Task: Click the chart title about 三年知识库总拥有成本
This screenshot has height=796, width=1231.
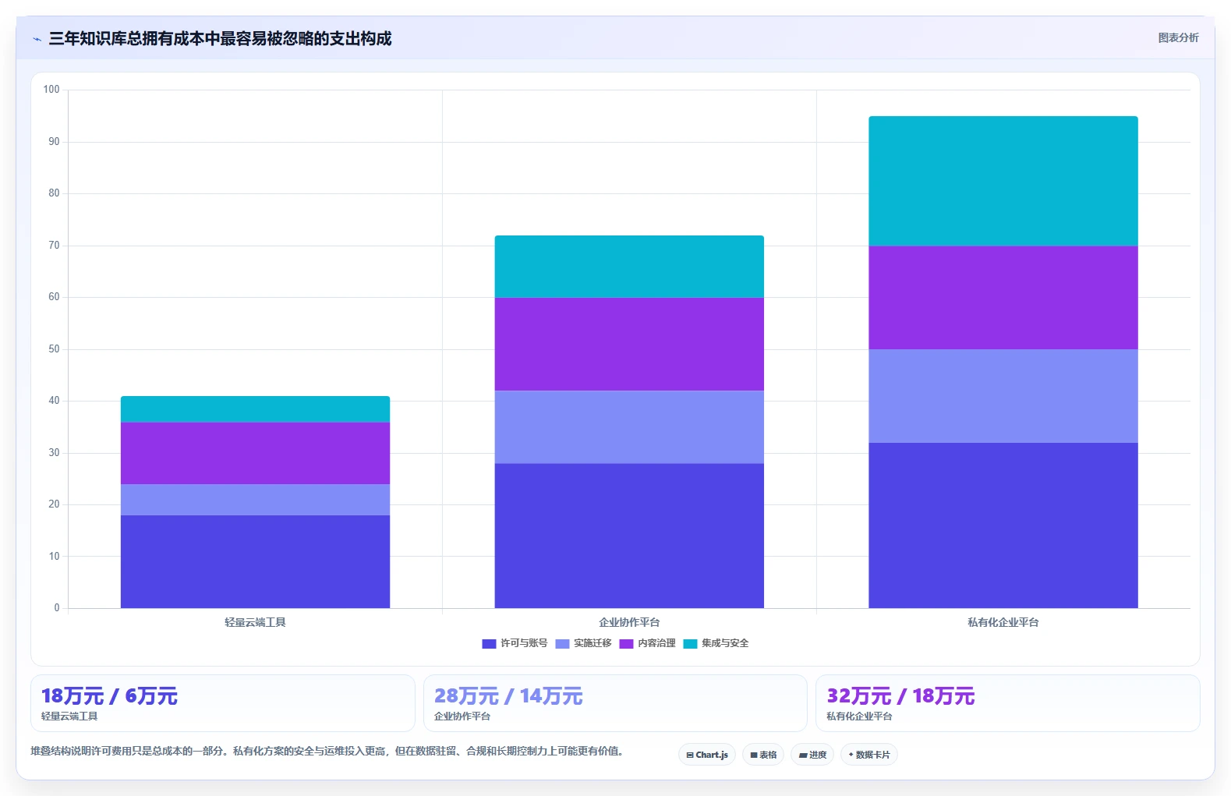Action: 220,38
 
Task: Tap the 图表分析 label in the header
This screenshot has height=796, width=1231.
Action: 1178,38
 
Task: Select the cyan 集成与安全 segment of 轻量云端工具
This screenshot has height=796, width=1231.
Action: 255,409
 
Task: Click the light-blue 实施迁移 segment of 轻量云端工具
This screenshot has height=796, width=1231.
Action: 255,500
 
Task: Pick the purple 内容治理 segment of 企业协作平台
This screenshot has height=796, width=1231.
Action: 628,344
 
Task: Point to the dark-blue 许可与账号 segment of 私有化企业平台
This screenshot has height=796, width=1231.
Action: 1003,525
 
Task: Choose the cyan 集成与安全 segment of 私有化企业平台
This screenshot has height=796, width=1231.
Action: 1003,181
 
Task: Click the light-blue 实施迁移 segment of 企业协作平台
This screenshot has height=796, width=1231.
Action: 628,427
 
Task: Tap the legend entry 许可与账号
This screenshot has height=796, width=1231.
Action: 515,643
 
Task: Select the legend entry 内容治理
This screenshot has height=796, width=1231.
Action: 647,643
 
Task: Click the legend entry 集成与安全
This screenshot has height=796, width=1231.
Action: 716,643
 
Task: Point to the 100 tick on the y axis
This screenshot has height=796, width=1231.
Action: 51,89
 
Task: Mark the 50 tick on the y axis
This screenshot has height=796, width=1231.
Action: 54,348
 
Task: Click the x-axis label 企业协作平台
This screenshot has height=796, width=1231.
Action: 628,622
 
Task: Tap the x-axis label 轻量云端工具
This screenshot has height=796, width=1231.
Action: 255,622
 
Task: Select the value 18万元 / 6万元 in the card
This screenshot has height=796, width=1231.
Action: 109,696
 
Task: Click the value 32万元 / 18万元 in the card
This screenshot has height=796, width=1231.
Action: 900,696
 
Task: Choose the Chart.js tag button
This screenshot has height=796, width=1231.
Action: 707,755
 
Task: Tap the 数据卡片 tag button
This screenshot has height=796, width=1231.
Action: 868,755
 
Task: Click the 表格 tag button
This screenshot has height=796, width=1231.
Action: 763,755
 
